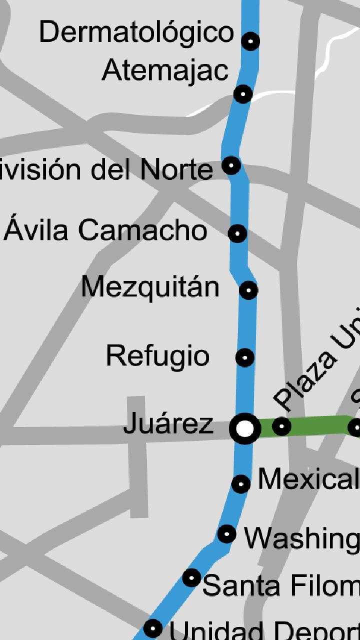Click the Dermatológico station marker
click(x=250, y=41)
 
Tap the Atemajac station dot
click(x=243, y=93)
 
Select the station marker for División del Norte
click(x=231, y=165)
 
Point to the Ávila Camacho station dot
click(x=237, y=233)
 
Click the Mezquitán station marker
click(x=248, y=290)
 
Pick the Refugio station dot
click(x=244, y=357)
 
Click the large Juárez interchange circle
click(x=245, y=428)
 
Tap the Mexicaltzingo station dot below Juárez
click(x=241, y=483)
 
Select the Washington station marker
click(x=226, y=534)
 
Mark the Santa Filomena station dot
click(x=191, y=578)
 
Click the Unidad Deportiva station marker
click(x=153, y=627)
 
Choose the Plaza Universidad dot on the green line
click(x=281, y=426)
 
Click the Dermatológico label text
click(x=136, y=33)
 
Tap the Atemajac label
click(x=165, y=71)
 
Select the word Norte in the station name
click(x=176, y=170)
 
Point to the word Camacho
click(x=143, y=230)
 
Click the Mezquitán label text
click(x=150, y=287)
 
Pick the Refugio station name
click(x=157, y=356)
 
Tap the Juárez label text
click(x=168, y=424)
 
